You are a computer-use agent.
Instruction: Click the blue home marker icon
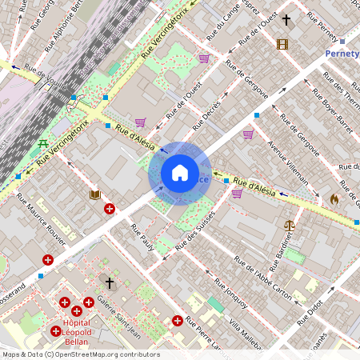click(x=180, y=173)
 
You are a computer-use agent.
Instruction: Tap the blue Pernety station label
click(x=342, y=54)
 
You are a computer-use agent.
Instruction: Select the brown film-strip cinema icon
click(x=282, y=44)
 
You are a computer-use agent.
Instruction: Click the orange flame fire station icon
click(x=334, y=198)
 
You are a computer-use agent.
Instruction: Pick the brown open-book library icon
click(x=94, y=194)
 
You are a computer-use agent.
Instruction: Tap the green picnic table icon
click(x=42, y=144)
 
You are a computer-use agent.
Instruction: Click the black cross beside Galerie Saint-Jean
click(x=110, y=283)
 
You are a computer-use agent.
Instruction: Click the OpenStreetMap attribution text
click(x=80, y=354)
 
